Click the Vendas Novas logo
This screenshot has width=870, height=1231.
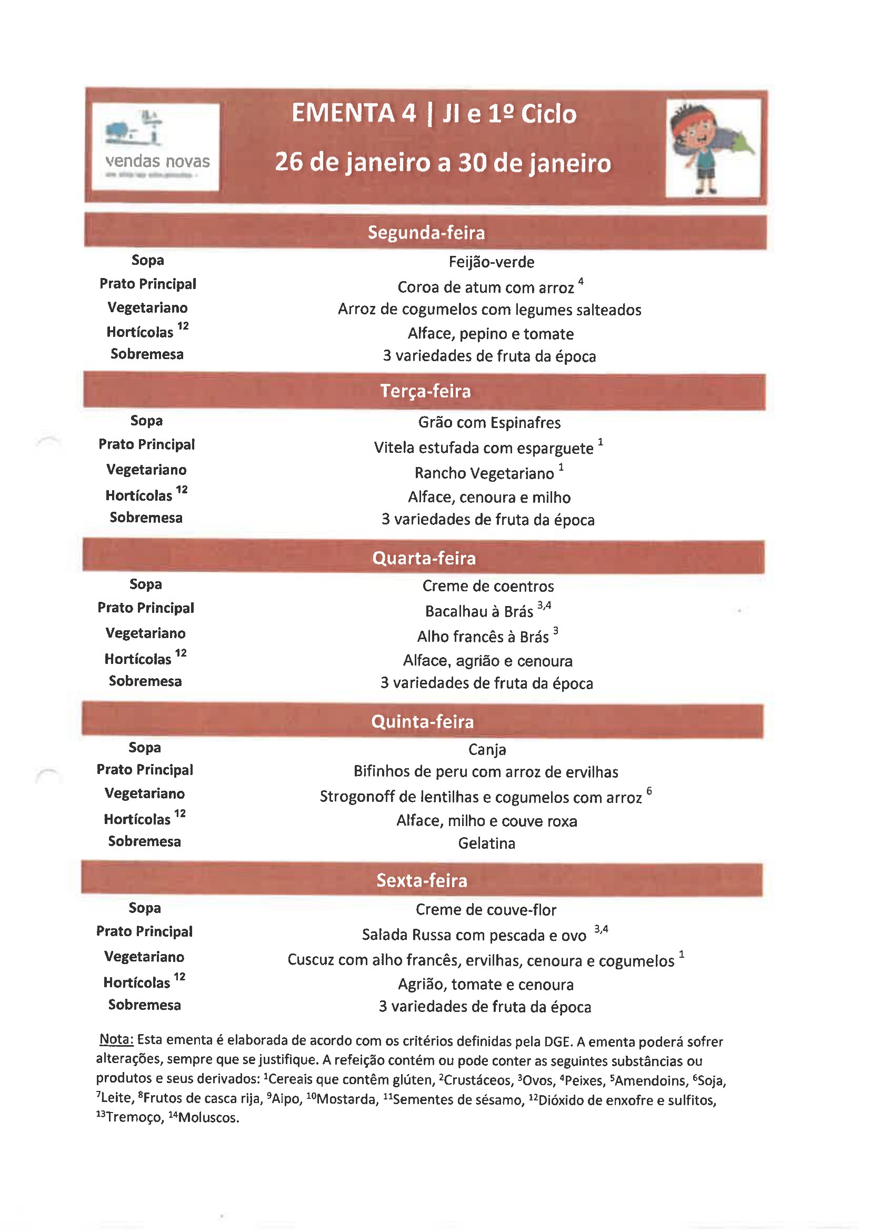point(155,146)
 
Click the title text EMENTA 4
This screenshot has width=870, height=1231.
point(354,113)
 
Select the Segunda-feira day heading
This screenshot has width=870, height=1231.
point(426,232)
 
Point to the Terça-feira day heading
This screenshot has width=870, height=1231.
point(425,391)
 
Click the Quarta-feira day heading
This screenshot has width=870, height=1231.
point(424,558)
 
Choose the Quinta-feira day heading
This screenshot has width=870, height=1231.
point(423,722)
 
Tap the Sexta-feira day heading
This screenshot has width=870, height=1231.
point(422,880)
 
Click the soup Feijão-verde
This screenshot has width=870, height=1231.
point(491,262)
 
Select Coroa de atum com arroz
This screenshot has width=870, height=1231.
point(486,287)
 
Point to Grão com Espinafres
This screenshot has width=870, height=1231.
point(489,422)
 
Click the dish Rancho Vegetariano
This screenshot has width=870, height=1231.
point(484,473)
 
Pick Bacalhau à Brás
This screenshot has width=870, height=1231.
point(479,611)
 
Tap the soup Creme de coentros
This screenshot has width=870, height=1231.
point(488,586)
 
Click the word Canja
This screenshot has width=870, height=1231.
point(487,750)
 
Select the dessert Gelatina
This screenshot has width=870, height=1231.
point(486,843)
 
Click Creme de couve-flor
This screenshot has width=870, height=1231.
point(486,910)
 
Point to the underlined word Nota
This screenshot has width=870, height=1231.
point(116,1039)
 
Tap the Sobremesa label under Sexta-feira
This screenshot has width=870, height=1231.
point(144,1005)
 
